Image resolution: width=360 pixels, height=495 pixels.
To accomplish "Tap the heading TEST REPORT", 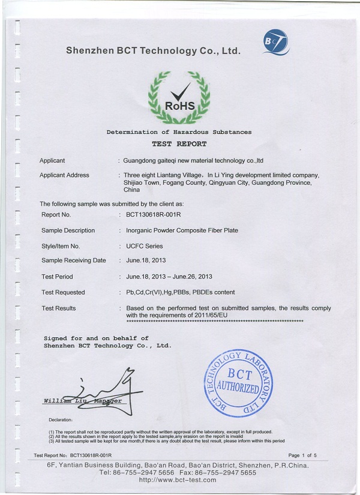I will [179, 144].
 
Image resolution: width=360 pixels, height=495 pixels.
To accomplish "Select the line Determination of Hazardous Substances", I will [179, 132].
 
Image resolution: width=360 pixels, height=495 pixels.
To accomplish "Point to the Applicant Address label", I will [64, 175].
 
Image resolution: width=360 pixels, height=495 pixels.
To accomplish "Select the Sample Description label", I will [68, 230].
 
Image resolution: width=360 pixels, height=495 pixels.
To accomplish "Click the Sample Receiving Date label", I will [73, 260].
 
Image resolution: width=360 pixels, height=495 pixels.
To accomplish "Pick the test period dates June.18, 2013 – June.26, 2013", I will [169, 277].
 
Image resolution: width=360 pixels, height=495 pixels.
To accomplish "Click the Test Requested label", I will [63, 292].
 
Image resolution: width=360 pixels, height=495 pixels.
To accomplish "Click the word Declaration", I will [61, 419].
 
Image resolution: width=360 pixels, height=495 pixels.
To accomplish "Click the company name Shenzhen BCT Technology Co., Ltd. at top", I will [154, 51].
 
